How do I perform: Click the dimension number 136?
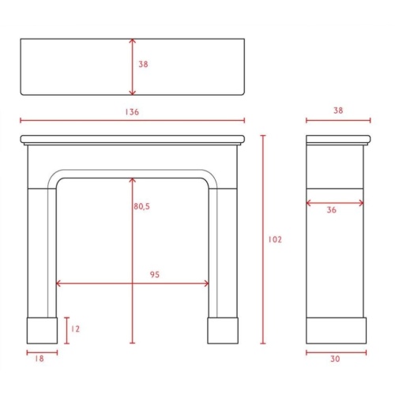coord(132,112)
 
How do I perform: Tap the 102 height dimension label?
coord(275,239)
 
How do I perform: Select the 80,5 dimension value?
coord(142,206)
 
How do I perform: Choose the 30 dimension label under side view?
coord(335,359)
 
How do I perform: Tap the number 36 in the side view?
coord(332,210)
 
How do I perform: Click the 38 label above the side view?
coord(338,111)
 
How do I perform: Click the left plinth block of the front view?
coord(42,331)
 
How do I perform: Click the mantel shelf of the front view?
coord(134,140)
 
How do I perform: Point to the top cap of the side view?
coord(338,140)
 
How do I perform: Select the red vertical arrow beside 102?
coord(264,239)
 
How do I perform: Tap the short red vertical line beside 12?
coord(67,329)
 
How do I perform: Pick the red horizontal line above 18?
coord(42,352)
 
